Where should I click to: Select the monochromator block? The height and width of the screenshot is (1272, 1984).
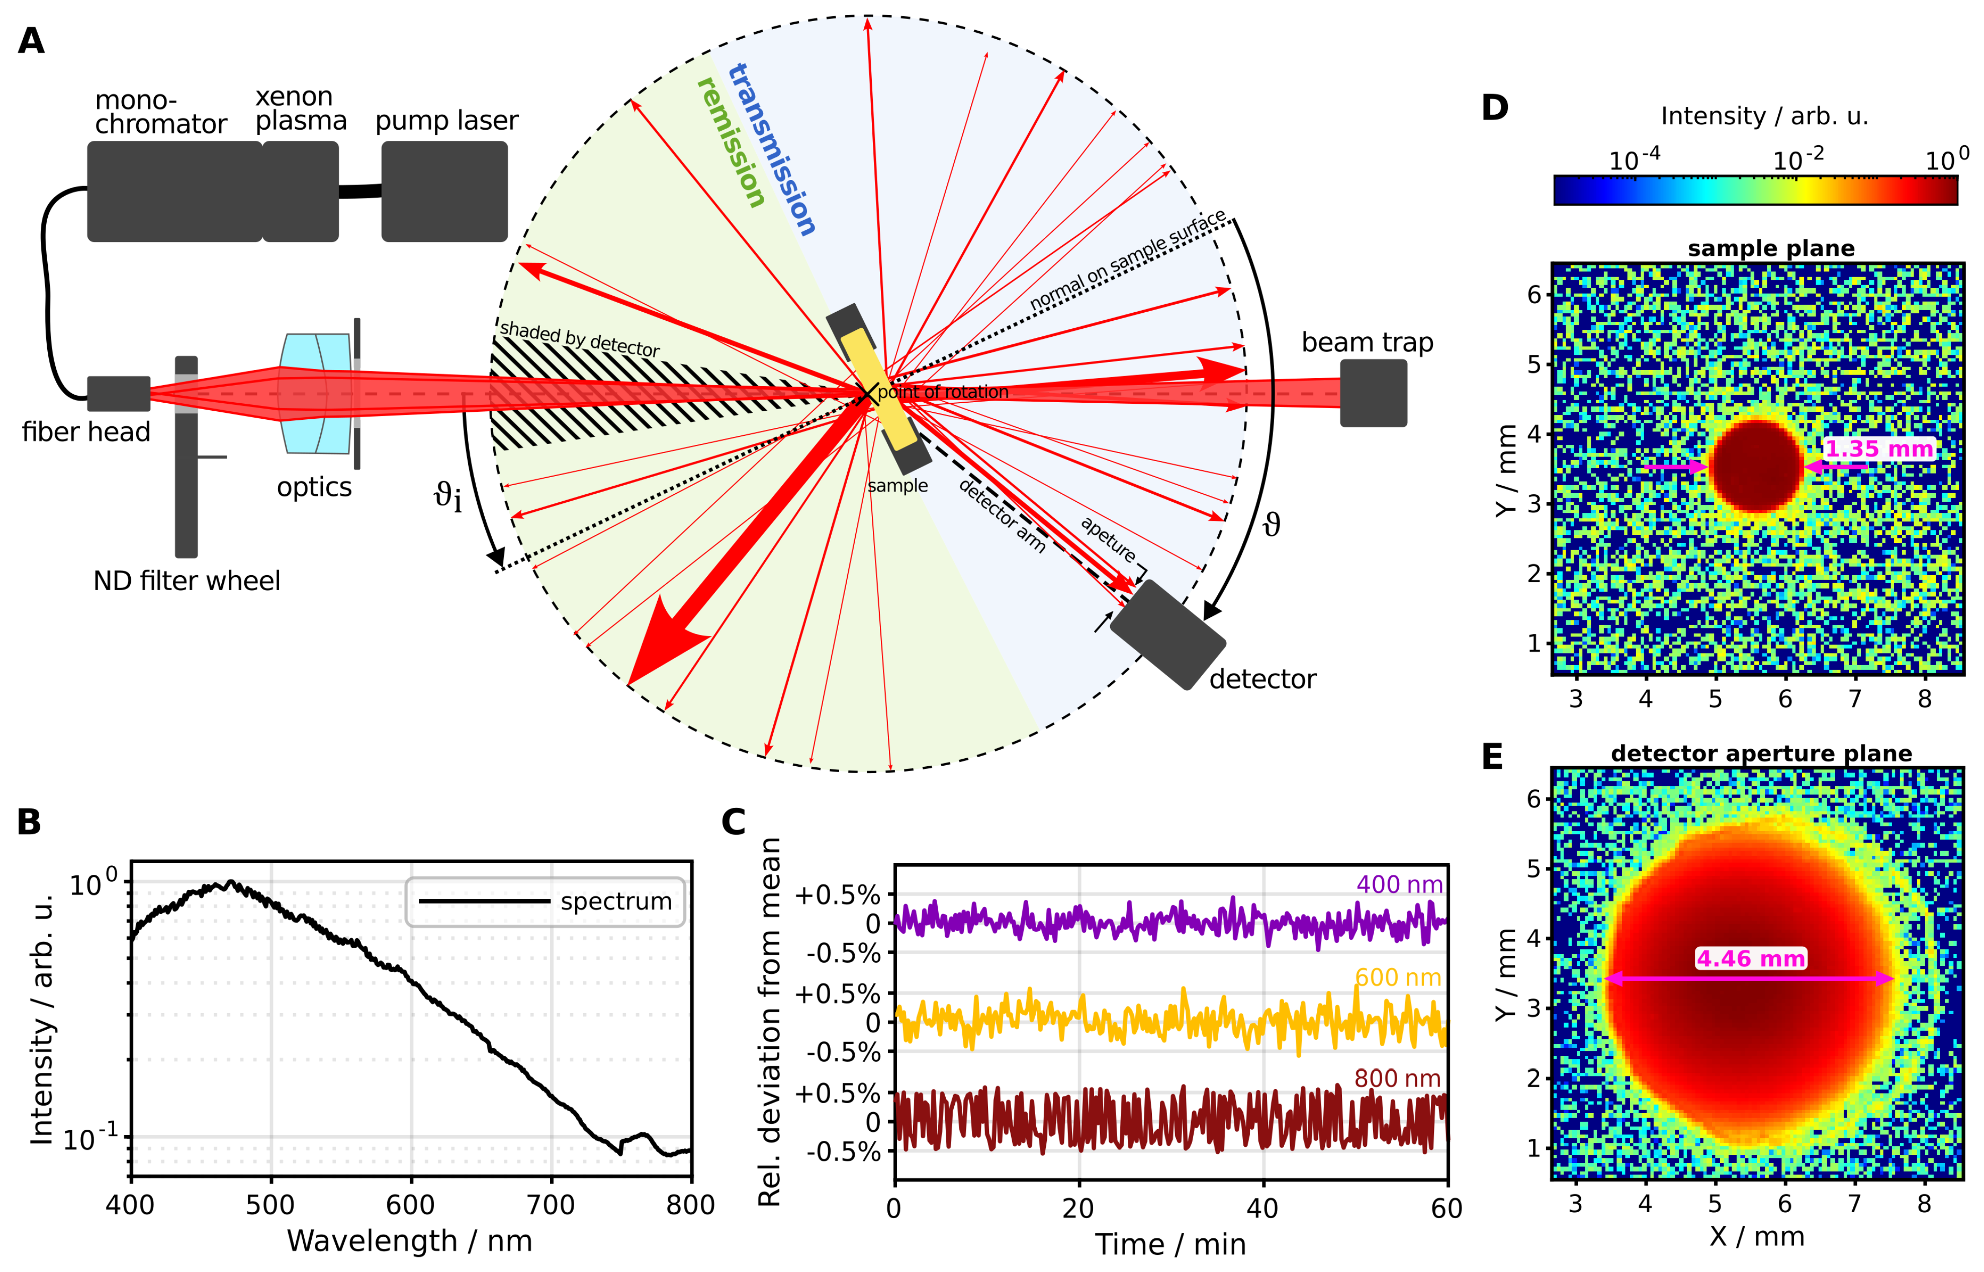tap(174, 191)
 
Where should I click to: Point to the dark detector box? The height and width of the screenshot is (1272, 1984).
tap(1166, 633)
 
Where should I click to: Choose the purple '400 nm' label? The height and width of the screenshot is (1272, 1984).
tap(1398, 885)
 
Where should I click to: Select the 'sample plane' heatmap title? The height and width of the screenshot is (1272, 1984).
tap(1771, 248)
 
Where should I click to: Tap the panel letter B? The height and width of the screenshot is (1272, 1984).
tap(29, 822)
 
